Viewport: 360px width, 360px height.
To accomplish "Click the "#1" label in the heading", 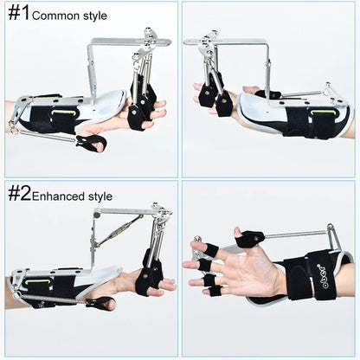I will (x=18, y=13).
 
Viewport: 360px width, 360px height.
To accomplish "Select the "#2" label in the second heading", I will (x=19, y=193).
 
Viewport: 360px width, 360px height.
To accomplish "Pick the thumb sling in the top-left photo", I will (x=92, y=141).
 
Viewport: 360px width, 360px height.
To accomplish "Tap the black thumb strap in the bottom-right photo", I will (x=251, y=237).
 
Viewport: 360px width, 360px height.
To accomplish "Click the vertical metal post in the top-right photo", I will (x=268, y=69).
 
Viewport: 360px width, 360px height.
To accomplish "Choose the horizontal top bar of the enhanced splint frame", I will (x=125, y=210).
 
